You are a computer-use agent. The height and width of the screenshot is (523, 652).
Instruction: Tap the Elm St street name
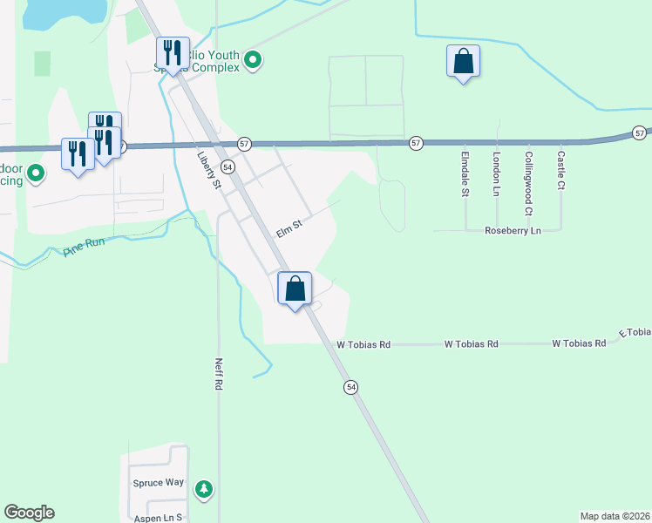pyautogui.click(x=289, y=228)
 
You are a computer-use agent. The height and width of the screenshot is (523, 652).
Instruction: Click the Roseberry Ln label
pyautogui.click(x=514, y=231)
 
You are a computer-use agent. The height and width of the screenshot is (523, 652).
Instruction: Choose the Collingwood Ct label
pyautogui.click(x=528, y=183)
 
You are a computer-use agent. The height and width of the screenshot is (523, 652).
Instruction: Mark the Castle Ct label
pyautogui.click(x=561, y=172)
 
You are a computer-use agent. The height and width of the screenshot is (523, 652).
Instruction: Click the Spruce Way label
pyautogui.click(x=159, y=482)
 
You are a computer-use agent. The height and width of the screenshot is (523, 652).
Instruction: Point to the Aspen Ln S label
pyautogui.click(x=157, y=517)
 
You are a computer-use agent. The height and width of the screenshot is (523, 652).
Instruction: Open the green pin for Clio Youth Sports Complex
pyautogui.click(x=253, y=60)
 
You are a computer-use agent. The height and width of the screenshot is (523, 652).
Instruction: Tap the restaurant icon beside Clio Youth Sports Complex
pyautogui.click(x=172, y=53)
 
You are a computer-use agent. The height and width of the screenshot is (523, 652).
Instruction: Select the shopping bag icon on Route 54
pyautogui.click(x=295, y=288)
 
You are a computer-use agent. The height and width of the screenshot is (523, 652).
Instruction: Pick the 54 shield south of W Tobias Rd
pyautogui.click(x=351, y=386)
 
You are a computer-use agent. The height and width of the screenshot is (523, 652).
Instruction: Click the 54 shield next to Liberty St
pyautogui.click(x=227, y=166)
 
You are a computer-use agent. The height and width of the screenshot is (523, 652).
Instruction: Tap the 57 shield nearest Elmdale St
pyautogui.click(x=416, y=142)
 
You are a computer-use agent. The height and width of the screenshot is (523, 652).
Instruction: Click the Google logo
pyautogui.click(x=29, y=513)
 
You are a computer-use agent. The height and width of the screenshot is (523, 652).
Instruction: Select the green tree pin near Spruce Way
pyautogui.click(x=203, y=489)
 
